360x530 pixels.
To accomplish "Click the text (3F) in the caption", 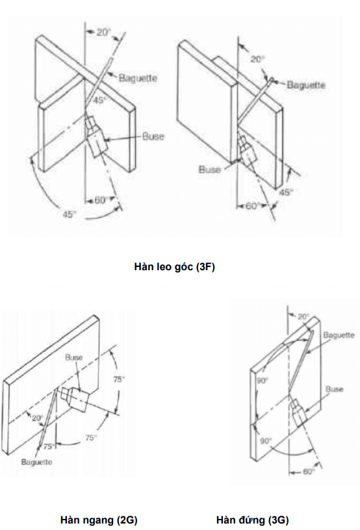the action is pyautogui.click(x=205, y=267).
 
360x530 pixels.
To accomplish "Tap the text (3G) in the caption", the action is pyautogui.click(x=279, y=520).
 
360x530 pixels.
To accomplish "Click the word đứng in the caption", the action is pyautogui.click(x=253, y=520).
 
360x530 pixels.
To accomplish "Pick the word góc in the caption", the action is pyautogui.click(x=183, y=268).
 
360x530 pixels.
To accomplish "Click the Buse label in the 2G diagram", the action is pyautogui.click(x=73, y=357).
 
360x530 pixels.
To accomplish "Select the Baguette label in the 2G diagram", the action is pyautogui.click(x=36, y=462).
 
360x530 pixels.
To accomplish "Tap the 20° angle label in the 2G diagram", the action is pyautogui.click(x=37, y=418).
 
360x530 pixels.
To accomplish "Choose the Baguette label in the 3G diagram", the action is pyautogui.click(x=339, y=335).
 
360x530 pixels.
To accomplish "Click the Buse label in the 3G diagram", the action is pyautogui.click(x=334, y=389).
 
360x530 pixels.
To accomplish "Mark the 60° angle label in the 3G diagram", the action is pyautogui.click(x=309, y=472).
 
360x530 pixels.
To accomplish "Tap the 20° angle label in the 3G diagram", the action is pyautogui.click(x=303, y=317).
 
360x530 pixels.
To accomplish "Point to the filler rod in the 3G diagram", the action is pyautogui.click(x=300, y=362).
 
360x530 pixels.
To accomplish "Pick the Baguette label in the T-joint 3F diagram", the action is pyautogui.click(x=306, y=84).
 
